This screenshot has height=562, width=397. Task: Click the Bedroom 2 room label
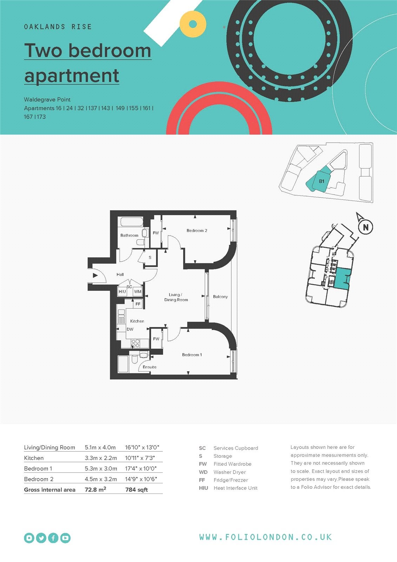pyautogui.click(x=197, y=230)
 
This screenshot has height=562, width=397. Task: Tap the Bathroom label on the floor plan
pyautogui.click(x=129, y=235)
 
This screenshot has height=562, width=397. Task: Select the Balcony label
pyautogui.click(x=220, y=296)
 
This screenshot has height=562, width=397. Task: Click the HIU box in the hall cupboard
pyautogui.click(x=122, y=292)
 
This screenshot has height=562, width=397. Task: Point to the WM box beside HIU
pyautogui.click(x=138, y=292)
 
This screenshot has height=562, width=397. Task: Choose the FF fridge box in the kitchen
pyautogui.click(x=138, y=304)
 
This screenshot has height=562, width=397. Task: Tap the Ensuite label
pyautogui.click(x=150, y=367)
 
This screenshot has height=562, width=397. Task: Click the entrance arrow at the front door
pyautogui.click(x=95, y=275)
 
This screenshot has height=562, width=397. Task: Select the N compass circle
pyautogui.click(x=365, y=227)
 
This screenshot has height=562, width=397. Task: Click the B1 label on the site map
pyautogui.click(x=322, y=181)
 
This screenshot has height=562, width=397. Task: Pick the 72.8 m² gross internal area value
pyautogui.click(x=95, y=490)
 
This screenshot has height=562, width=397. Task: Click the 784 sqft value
pyautogui.click(x=137, y=490)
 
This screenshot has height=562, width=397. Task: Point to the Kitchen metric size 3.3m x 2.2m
pyautogui.click(x=101, y=458)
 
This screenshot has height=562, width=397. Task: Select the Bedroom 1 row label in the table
pyautogui.click(x=38, y=469)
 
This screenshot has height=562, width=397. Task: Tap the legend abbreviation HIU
pyautogui.click(x=203, y=488)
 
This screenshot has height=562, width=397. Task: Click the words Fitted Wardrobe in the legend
pyautogui.click(x=232, y=464)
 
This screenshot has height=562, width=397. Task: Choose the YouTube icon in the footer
pyautogui.click(x=65, y=538)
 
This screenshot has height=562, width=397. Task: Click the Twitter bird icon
pyautogui.click(x=41, y=538)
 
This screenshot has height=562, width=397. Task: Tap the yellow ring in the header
pyautogui.click(x=193, y=24)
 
